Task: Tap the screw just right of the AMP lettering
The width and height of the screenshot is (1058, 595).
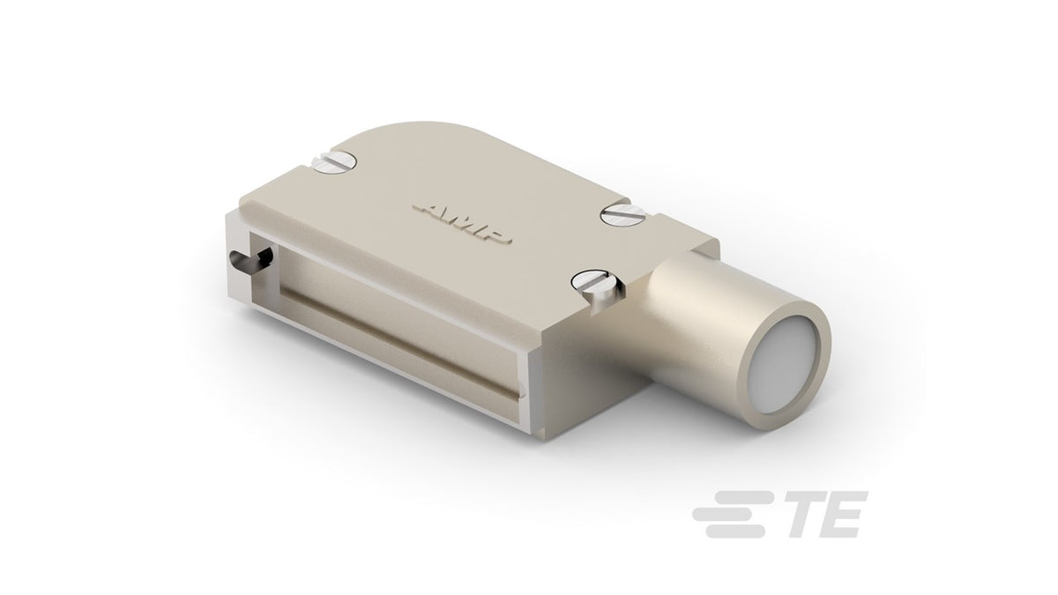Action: tap(623, 215)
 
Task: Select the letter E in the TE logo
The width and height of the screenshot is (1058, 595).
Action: tap(842, 515)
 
